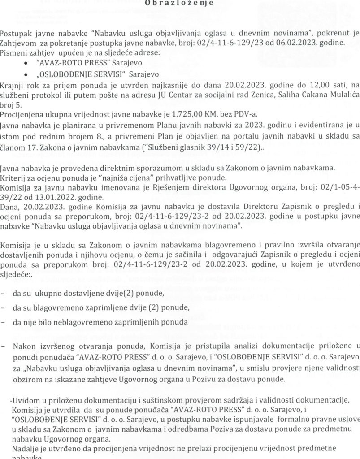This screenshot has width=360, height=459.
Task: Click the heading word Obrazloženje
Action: [x=179, y=4]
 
